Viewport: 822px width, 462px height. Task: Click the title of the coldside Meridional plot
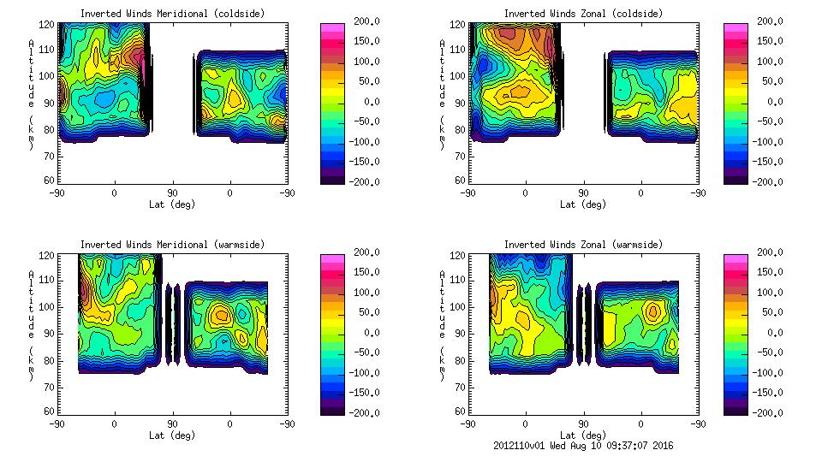[172, 14]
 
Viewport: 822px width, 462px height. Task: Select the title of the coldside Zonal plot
[583, 14]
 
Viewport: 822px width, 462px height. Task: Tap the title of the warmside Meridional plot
[172, 245]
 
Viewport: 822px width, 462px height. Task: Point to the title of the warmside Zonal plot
[583, 245]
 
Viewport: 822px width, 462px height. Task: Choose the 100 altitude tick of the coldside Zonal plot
[459, 76]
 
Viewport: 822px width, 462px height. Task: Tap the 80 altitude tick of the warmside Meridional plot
[51, 361]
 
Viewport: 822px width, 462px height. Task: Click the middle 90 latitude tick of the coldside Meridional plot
[172, 193]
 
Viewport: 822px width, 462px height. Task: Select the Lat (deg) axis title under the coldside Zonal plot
[583, 204]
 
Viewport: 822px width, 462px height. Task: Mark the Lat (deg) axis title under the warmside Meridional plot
[172, 435]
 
